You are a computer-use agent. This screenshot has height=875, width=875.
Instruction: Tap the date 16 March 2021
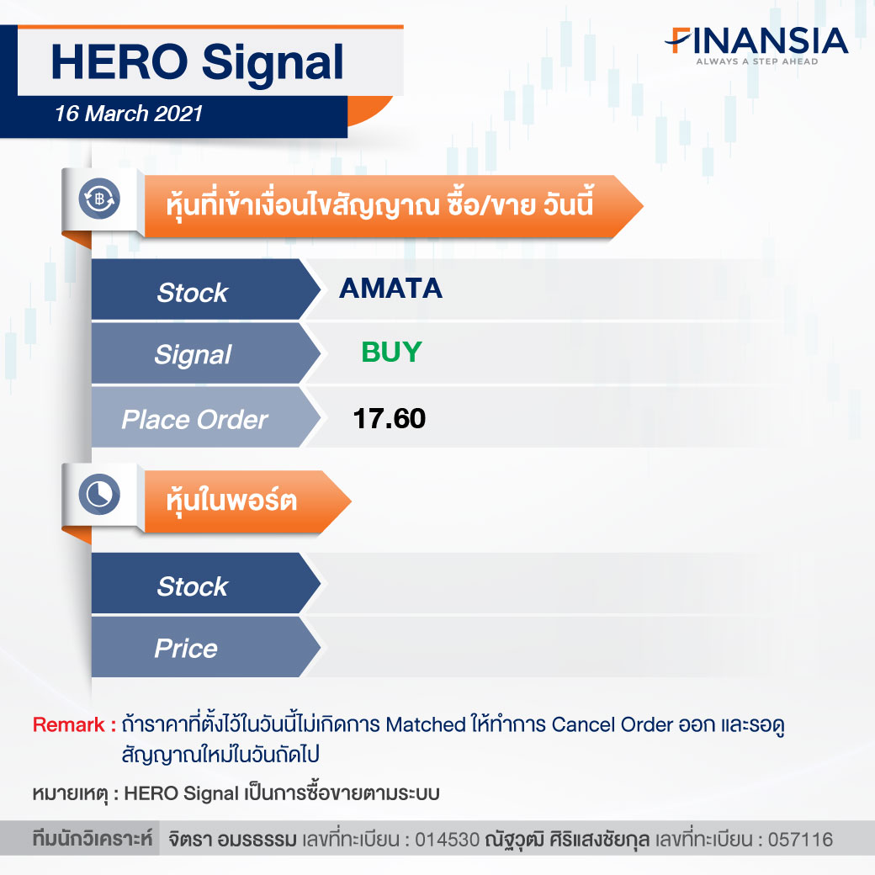pyautogui.click(x=129, y=114)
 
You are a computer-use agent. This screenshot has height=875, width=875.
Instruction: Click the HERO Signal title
pyautogui.click(x=197, y=63)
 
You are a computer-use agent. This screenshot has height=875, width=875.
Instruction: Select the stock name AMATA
pyautogui.click(x=390, y=289)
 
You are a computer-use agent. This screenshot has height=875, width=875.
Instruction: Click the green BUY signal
pyautogui.click(x=391, y=353)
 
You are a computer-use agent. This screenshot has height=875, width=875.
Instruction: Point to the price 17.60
pyautogui.click(x=390, y=418)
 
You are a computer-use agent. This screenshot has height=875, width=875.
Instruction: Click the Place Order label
pyautogui.click(x=194, y=420)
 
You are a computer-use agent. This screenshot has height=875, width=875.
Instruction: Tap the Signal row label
pyautogui.click(x=193, y=355)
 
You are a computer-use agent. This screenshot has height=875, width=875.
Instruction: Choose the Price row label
pyautogui.click(x=186, y=649)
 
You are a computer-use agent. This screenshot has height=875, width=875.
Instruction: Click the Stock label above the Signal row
pyautogui.click(x=193, y=293)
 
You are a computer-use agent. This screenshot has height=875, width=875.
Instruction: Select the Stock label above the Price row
pyautogui.click(x=193, y=586)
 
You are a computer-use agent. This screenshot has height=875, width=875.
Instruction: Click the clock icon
pyautogui.click(x=99, y=495)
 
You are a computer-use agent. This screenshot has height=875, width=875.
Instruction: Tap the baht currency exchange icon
pyautogui.click(x=99, y=199)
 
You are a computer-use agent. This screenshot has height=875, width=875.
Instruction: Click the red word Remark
pyautogui.click(x=69, y=725)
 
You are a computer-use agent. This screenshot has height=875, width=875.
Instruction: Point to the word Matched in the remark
pyautogui.click(x=426, y=725)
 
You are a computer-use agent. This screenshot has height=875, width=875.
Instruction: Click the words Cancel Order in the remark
pyautogui.click(x=612, y=725)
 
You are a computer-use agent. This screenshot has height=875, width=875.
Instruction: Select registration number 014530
pyautogui.click(x=447, y=840)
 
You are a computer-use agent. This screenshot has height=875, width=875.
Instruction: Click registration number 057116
pyautogui.click(x=800, y=840)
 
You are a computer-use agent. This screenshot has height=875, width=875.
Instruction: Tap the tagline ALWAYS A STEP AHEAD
pyautogui.click(x=756, y=61)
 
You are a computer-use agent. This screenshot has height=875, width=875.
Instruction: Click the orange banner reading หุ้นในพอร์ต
pyautogui.click(x=247, y=501)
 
